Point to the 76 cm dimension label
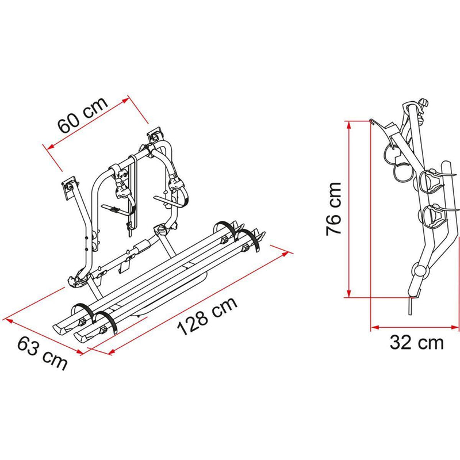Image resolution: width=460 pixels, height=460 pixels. click(333, 209)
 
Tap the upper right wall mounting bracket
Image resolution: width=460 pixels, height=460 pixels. click(155, 137)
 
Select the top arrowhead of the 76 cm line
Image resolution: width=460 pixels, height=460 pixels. click(349, 123)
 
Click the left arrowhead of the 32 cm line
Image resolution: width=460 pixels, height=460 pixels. click(374, 327)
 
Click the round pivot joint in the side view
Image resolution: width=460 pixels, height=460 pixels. click(420, 270)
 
